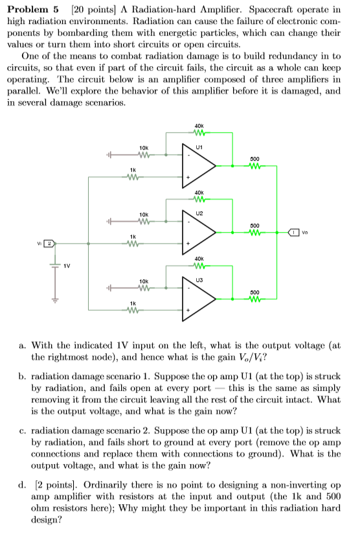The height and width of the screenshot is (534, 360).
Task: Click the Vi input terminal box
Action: pos(48,244)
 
